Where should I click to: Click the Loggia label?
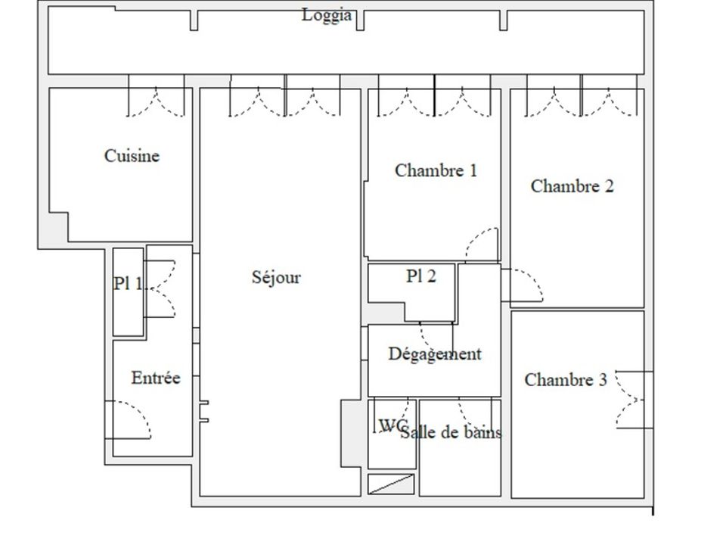(x=327, y=15)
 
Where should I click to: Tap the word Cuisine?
(x=132, y=156)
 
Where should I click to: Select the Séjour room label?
(x=276, y=277)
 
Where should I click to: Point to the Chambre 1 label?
(x=436, y=170)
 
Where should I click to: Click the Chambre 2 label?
(x=572, y=186)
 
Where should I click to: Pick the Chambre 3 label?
(x=566, y=380)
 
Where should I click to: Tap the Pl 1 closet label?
(x=128, y=283)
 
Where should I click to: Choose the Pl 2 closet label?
(x=421, y=276)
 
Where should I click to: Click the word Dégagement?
(x=435, y=354)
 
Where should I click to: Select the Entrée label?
(x=156, y=378)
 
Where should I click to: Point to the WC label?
(x=392, y=425)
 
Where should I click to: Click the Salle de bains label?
(x=451, y=433)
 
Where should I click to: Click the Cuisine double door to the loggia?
(x=156, y=102)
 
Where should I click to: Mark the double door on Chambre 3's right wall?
(x=632, y=400)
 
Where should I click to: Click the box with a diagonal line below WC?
(x=391, y=484)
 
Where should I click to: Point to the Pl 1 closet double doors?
(x=160, y=288)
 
